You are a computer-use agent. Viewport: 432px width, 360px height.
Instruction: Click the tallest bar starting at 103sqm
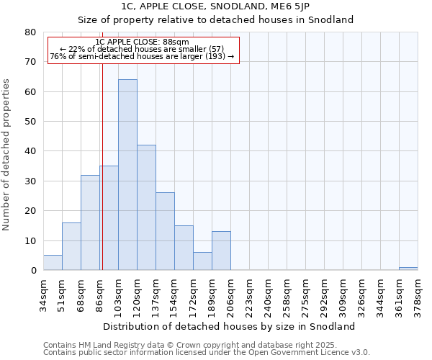click(x=127, y=175)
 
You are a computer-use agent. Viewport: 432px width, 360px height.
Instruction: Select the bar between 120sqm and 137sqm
click(x=146, y=207)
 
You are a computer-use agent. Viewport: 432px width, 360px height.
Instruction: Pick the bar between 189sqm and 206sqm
click(x=221, y=251)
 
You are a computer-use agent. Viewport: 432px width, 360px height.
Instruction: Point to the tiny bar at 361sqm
click(x=408, y=269)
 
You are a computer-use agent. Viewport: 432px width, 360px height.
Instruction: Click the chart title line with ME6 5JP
click(x=215, y=6)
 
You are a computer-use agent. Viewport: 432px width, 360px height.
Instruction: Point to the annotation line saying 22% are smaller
click(x=142, y=49)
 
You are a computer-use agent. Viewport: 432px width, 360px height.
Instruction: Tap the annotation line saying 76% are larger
click(x=142, y=56)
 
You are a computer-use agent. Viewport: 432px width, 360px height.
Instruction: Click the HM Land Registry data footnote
click(x=206, y=345)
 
